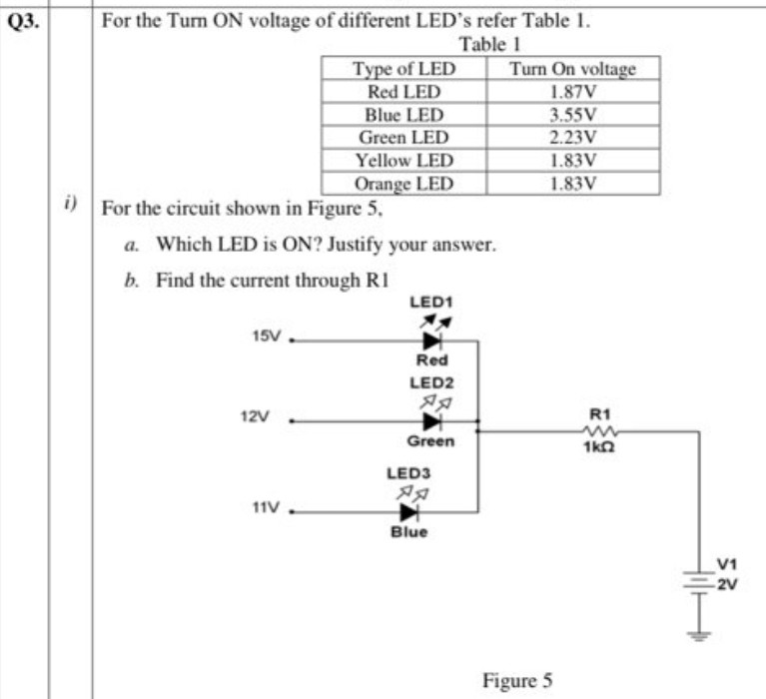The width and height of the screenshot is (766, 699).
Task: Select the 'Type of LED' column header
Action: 402,69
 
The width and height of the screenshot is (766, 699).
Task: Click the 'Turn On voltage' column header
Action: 571,69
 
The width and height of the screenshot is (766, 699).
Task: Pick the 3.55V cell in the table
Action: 572,113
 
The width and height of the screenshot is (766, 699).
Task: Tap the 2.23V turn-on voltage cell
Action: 572,137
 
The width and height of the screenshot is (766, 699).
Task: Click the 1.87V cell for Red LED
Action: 572,91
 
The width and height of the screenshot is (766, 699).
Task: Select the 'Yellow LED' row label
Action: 403,160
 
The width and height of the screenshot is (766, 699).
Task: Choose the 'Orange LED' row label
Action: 403,183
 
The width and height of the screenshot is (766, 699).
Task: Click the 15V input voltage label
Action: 267,338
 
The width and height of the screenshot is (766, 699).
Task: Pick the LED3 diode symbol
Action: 408,512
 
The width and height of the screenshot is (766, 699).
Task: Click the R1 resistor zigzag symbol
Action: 602,431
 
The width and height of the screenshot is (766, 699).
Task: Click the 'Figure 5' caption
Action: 516,681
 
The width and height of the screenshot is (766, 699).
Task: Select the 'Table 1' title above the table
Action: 490,45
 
